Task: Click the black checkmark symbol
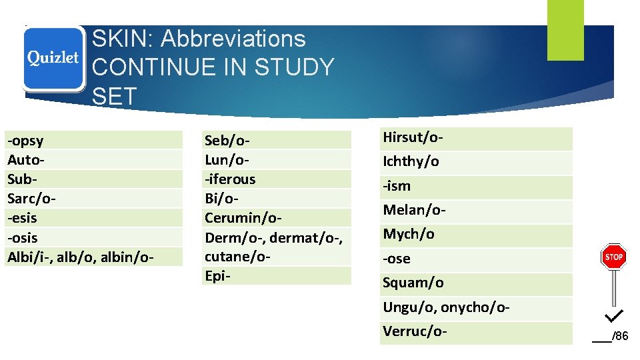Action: point(614,314)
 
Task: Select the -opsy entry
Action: point(25,141)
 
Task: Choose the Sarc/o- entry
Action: point(31,199)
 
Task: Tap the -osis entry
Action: point(23,237)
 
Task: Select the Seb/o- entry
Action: point(227,141)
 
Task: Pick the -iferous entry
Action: point(230,179)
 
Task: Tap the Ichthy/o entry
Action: point(411,162)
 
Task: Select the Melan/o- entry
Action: point(414,210)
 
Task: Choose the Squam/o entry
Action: point(413,283)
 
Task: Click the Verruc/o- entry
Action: point(414,331)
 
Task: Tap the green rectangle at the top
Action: point(565,30)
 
